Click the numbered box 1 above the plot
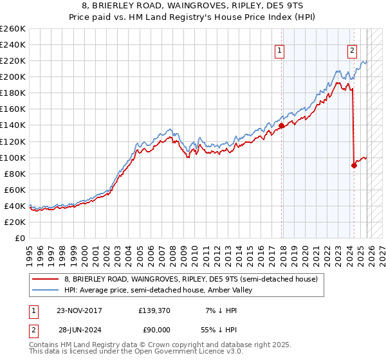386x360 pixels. (x=280, y=53)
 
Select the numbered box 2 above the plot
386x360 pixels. (x=353, y=53)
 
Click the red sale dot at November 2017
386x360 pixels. (x=282, y=126)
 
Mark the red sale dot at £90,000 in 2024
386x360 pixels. (x=354, y=165)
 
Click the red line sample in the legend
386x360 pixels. (x=46, y=280)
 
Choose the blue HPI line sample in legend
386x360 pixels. (x=46, y=291)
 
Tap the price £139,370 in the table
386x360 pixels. (x=154, y=310)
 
